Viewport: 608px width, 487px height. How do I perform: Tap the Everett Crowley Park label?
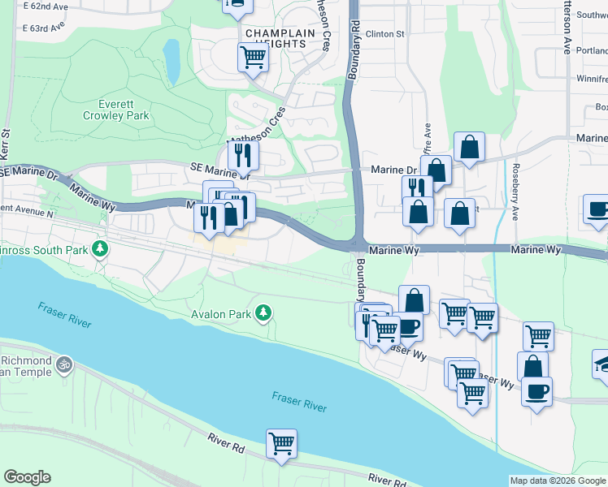coord(115,110)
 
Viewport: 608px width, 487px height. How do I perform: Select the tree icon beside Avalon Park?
coord(263,312)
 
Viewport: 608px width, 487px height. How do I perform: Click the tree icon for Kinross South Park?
coord(100,248)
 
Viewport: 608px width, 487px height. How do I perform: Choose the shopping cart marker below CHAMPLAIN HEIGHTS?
coord(253,57)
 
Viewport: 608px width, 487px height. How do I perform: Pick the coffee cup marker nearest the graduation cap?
coord(536,392)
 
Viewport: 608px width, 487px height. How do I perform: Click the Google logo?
coord(27,477)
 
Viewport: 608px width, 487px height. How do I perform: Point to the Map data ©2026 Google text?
coord(558,481)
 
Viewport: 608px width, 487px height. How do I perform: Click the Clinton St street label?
coord(384,34)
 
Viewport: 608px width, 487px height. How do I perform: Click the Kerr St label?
coord(6,138)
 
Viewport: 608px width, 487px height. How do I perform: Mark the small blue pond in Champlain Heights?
coord(172,60)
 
